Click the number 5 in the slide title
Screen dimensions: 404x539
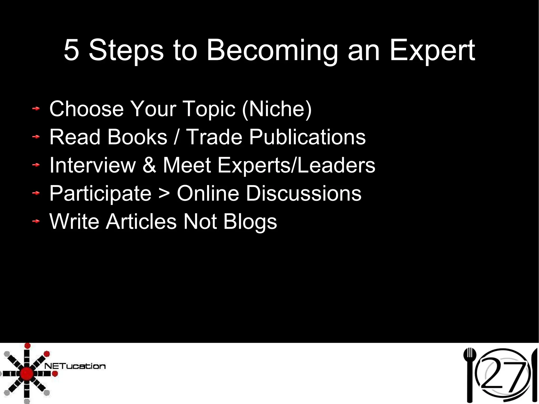pyautogui.click(x=71, y=50)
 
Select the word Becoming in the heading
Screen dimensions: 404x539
pyautogui.click(x=272, y=51)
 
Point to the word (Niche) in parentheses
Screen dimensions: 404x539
pyautogui.click(x=277, y=109)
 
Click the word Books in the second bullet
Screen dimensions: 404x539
pyautogui.click(x=137, y=137)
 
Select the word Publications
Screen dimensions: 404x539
pyautogui.click(x=307, y=137)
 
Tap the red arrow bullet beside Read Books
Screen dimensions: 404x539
pyautogui.click(x=36, y=137)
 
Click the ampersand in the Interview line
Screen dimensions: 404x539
pyautogui.click(x=149, y=165)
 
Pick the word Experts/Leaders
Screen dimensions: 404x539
pyautogui.click(x=296, y=165)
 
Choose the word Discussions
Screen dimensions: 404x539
pyautogui.click(x=303, y=193)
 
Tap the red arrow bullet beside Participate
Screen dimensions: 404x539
pyautogui.click(x=36, y=193)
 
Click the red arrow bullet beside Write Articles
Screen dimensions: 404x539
pyautogui.click(x=36, y=222)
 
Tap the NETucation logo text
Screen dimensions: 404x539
pyautogui.click(x=75, y=366)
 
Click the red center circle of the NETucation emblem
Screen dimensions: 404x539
pyautogui.click(x=27, y=373)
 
